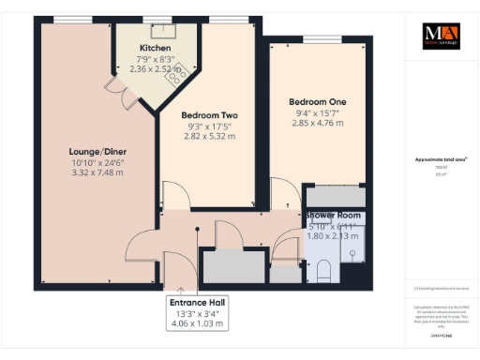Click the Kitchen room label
click(x=155, y=48)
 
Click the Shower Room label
click(x=332, y=216)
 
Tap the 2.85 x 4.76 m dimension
click(x=314, y=124)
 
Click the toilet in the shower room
click(x=324, y=271)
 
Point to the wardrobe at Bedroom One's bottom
click(x=332, y=197)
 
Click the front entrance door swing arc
click(x=174, y=266)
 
